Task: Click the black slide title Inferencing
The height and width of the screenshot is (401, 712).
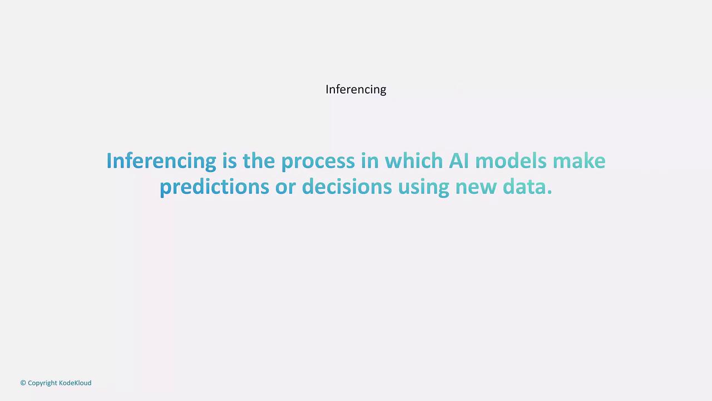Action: point(355,90)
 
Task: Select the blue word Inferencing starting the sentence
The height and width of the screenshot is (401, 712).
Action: point(161,162)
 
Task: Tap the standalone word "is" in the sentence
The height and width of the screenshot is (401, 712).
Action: point(230,161)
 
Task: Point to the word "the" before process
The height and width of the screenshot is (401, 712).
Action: point(259,160)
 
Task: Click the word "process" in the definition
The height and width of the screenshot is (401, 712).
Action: point(318,163)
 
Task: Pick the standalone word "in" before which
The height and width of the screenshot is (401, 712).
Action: point(370,160)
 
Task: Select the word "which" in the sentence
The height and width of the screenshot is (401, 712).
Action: point(414,160)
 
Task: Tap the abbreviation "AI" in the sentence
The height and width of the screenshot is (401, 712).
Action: point(459,160)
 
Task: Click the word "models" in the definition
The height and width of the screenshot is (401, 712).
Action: point(511,160)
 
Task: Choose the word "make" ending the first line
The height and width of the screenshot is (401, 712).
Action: point(579,160)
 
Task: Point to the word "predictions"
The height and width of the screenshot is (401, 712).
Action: point(215,188)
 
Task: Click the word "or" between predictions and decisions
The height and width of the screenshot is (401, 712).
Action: point(285,189)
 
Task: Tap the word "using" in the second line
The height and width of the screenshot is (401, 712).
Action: point(424,188)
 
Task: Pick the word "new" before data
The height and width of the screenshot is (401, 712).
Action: point(476,189)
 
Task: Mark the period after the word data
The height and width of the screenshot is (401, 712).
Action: point(549,192)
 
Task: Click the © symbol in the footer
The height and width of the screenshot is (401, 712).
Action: point(23,383)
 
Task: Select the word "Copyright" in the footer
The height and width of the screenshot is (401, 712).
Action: point(42,383)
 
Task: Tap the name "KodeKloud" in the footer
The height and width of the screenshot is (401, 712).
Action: point(75,383)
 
